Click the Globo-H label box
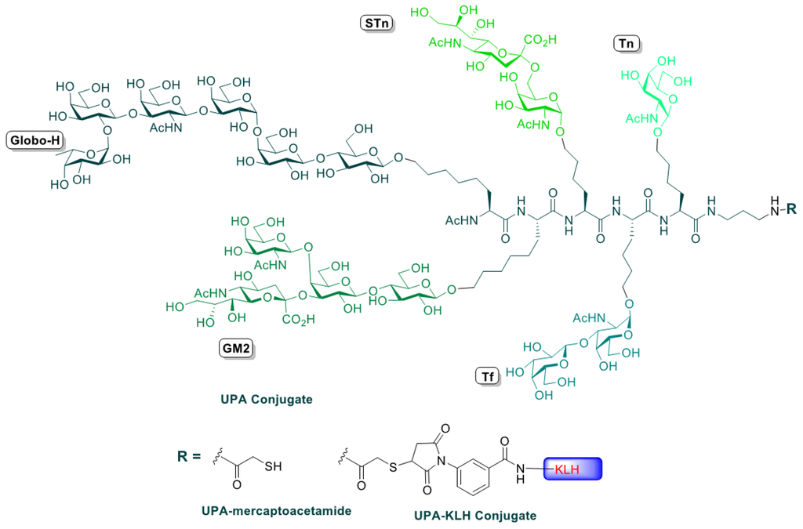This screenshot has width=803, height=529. pyautogui.click(x=35, y=141)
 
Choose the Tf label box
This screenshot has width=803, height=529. pyautogui.click(x=487, y=377)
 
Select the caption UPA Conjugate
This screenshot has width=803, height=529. pyautogui.click(x=267, y=400)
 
